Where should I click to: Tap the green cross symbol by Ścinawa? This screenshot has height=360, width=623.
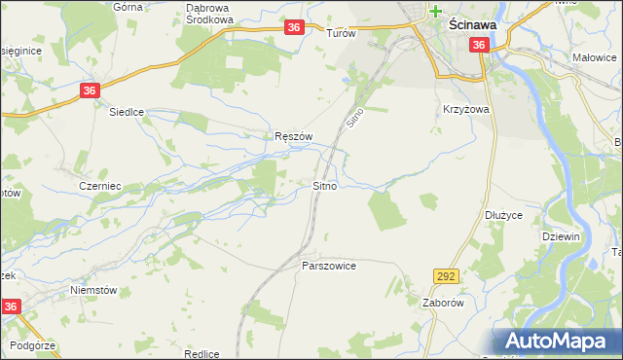[436, 13]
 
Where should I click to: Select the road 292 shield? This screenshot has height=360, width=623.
[447, 277]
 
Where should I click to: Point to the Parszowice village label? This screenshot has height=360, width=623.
[329, 266]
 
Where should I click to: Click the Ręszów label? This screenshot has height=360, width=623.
[292, 137]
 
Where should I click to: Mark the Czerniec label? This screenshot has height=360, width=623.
[98, 185]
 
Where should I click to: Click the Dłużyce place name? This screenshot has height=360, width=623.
[503, 216]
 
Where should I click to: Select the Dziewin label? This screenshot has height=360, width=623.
[561, 235]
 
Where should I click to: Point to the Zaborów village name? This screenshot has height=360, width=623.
[441, 302]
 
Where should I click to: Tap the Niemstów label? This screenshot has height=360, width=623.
[93, 290]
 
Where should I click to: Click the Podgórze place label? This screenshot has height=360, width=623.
[34, 346]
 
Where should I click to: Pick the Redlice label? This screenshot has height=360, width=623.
[201, 354]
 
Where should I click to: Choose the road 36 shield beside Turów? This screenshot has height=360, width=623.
[295, 30]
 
